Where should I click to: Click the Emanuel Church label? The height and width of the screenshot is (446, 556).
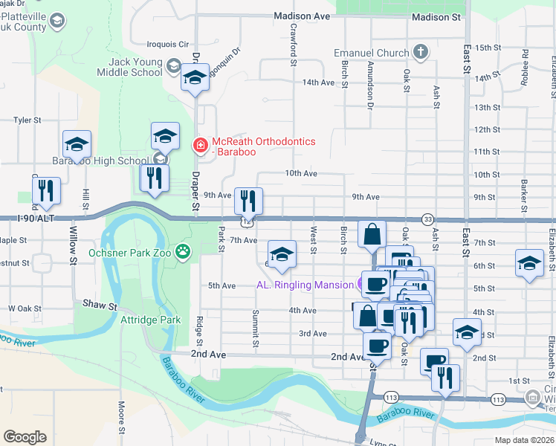click(x=372, y=54)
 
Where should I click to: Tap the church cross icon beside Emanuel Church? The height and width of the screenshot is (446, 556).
click(x=421, y=52)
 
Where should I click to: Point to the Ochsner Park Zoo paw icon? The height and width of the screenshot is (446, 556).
click(x=183, y=253)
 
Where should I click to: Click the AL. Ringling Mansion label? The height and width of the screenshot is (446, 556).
click(x=305, y=285)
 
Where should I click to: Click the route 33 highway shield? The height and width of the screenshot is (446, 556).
click(x=427, y=219)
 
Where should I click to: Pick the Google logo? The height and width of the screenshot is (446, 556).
click(x=25, y=437)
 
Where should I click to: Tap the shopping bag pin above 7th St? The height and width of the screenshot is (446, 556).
click(x=372, y=233)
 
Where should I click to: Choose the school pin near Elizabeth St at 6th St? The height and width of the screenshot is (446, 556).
click(x=529, y=264)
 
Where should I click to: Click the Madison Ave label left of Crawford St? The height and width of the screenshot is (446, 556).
click(x=301, y=16)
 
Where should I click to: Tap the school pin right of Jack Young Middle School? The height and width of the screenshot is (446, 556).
click(x=194, y=78)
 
